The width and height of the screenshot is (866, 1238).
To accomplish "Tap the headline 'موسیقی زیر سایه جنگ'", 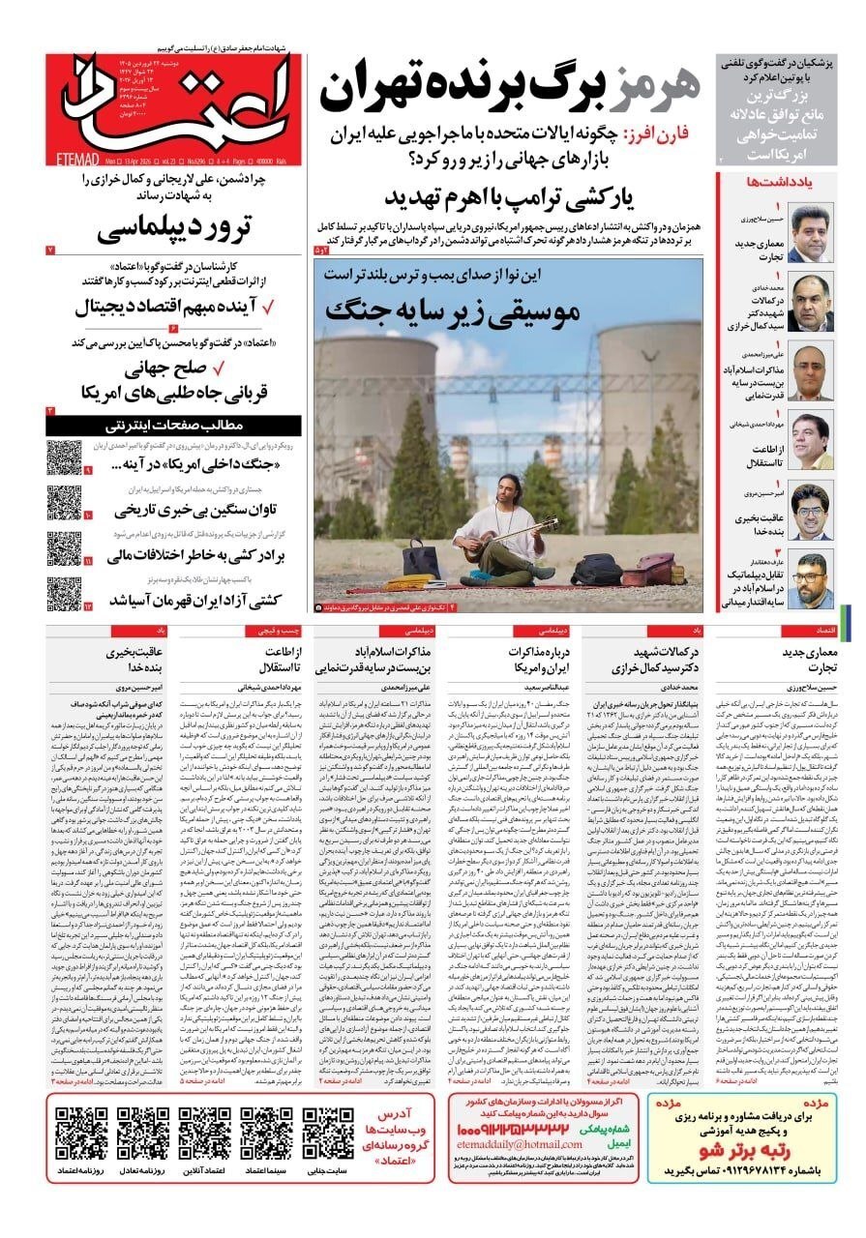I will (x=454, y=310).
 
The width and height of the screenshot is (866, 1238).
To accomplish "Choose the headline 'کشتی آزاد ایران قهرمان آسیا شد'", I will (x=184, y=601).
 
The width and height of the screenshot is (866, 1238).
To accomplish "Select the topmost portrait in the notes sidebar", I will (x=811, y=233).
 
